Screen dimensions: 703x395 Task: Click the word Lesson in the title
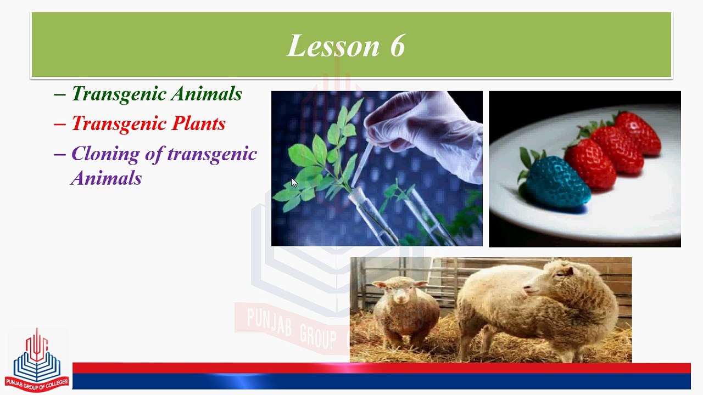coord(333,46)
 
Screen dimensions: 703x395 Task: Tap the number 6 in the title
coord(398,46)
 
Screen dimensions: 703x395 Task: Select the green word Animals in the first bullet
coord(207,93)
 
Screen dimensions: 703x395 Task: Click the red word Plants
coord(199,123)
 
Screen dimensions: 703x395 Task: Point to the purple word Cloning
coord(105,154)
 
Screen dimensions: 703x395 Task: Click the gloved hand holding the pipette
coord(427,132)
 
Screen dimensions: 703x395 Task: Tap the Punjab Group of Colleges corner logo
coord(37,360)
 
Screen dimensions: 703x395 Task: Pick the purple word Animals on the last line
coord(106,178)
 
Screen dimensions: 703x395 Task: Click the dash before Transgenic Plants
coord(60,124)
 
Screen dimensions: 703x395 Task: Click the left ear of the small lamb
coord(380,285)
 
